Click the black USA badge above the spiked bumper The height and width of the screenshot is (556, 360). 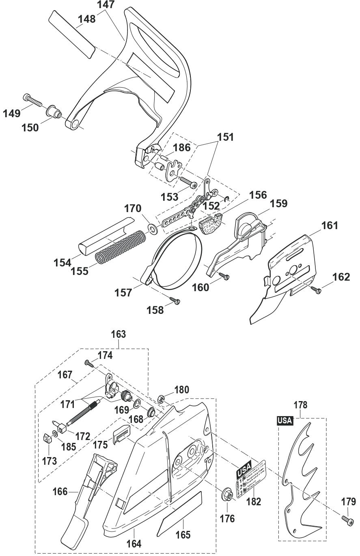[285, 421]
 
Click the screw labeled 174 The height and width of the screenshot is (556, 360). [89, 363]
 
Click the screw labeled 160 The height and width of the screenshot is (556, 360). [224, 276]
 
